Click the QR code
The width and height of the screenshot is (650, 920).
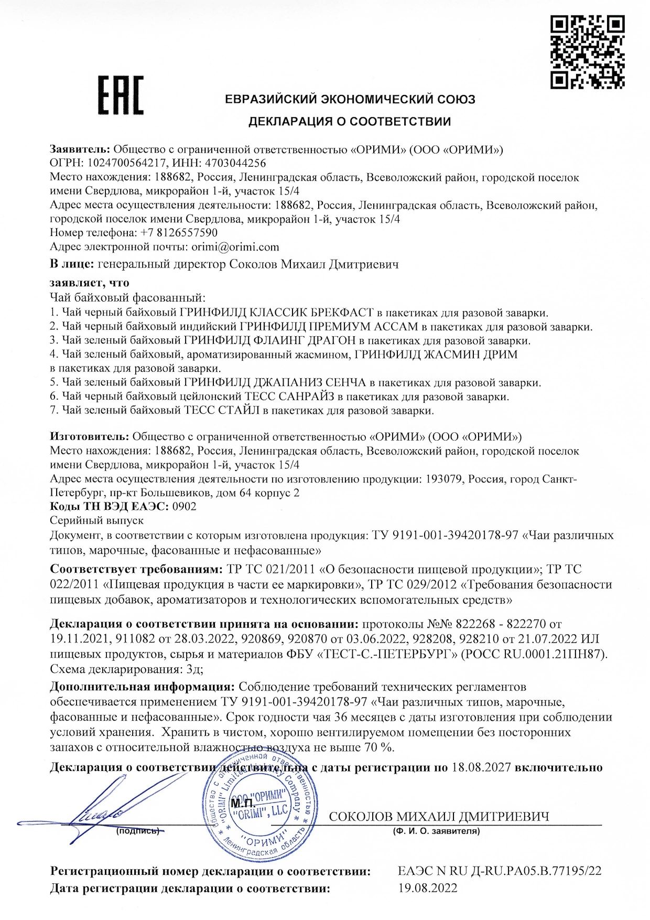point(587,51)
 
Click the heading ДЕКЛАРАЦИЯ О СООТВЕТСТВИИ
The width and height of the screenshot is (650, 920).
point(349,122)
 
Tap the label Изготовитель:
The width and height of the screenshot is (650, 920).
point(89,436)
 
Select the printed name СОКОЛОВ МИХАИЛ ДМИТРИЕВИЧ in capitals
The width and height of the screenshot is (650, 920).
point(439,816)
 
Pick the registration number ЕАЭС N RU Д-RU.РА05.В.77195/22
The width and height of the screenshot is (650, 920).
point(500,871)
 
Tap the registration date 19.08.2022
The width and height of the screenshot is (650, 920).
point(428,887)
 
